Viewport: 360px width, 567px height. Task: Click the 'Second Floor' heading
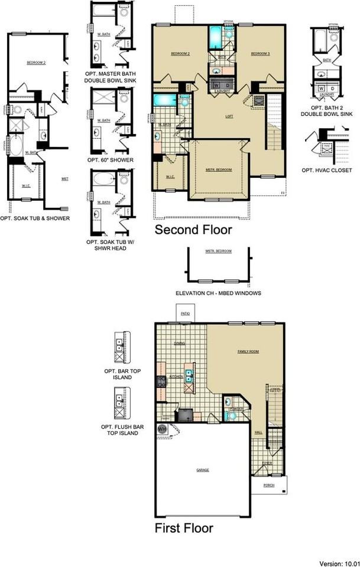point(193,230)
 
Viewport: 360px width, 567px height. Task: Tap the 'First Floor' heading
point(184,527)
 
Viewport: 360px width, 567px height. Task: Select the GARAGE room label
point(203,470)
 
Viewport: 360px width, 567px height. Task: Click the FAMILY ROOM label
point(248,351)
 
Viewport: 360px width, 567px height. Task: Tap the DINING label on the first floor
point(179,343)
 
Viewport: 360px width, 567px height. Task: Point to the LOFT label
point(229,116)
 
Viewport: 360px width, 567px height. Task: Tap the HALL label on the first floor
point(258,432)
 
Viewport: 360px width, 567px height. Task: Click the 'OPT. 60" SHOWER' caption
point(110,160)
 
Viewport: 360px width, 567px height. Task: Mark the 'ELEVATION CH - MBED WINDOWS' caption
point(218,293)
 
